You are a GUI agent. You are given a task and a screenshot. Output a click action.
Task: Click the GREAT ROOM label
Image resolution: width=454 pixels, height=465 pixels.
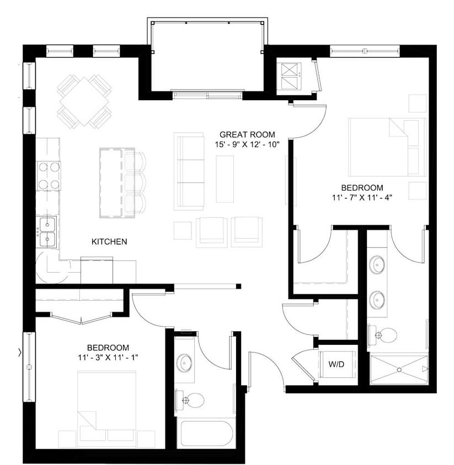click(x=247, y=134)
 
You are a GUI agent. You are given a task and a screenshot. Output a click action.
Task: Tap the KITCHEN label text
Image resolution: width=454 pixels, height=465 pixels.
click(x=109, y=241)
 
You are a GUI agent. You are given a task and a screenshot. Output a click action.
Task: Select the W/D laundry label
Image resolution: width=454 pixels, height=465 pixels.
click(x=337, y=364)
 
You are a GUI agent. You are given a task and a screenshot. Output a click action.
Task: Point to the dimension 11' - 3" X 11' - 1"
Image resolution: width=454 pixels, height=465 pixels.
click(x=108, y=358)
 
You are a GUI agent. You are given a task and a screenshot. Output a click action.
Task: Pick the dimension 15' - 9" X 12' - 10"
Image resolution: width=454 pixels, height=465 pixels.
click(x=248, y=144)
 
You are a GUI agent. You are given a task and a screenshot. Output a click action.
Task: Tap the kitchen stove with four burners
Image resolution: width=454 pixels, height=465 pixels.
click(x=49, y=175)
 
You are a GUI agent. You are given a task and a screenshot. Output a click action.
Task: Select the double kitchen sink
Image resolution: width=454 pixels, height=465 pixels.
click(x=47, y=231)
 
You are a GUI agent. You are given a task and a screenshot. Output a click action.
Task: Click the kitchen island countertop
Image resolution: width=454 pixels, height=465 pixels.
click(x=112, y=182)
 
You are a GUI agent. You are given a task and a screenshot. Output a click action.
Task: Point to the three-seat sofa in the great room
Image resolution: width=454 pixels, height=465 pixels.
click(x=189, y=171)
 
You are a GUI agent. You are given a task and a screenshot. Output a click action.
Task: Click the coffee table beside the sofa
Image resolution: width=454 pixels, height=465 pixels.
click(x=225, y=179)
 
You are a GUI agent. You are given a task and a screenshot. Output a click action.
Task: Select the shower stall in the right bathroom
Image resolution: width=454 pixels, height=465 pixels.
click(x=398, y=369)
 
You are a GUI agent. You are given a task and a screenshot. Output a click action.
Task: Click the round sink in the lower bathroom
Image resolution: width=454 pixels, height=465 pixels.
click(x=185, y=364)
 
